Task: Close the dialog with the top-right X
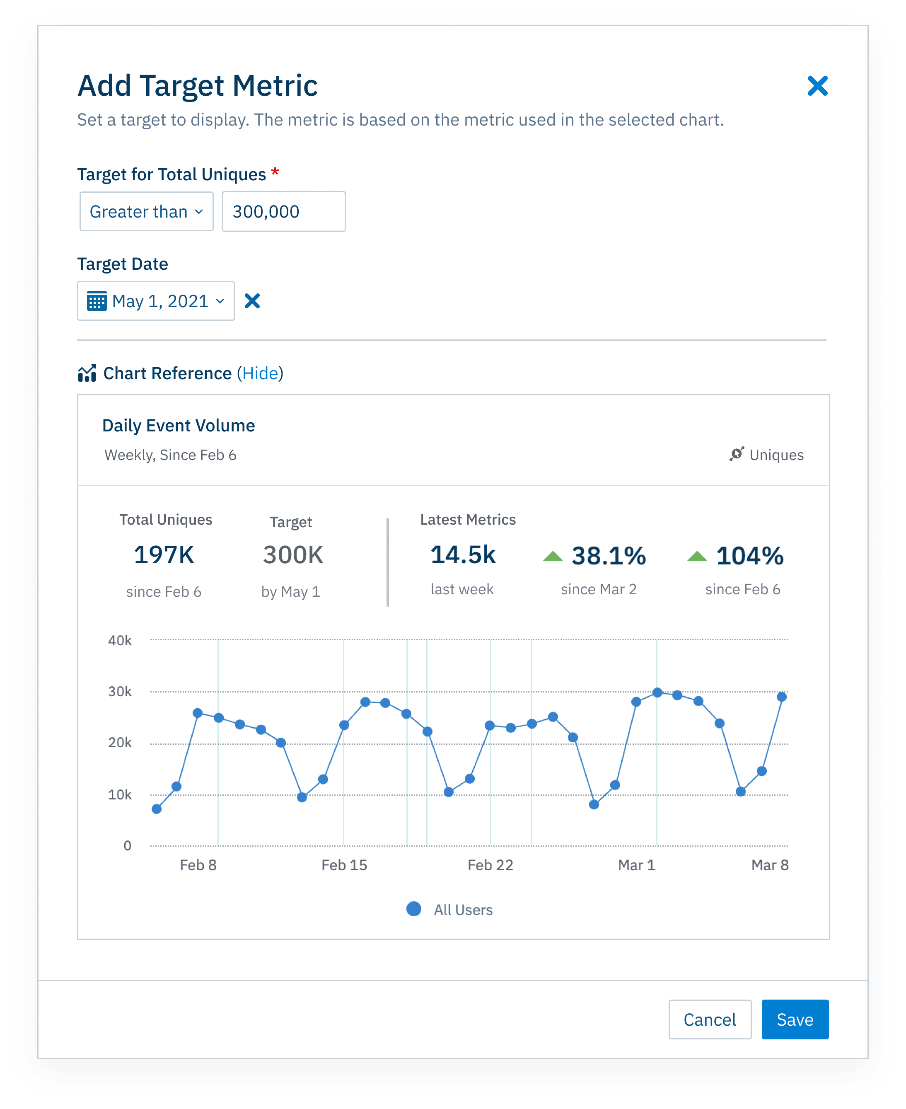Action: point(817,86)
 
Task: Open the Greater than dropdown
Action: point(146,211)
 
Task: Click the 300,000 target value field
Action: point(283,211)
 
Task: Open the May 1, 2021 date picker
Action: point(155,301)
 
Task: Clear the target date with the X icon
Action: point(252,301)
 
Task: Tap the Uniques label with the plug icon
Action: point(767,455)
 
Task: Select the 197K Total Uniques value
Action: point(164,554)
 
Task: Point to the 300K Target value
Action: point(293,554)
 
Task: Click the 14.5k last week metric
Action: point(462,554)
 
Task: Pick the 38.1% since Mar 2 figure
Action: point(608,556)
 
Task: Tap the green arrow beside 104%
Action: point(697,556)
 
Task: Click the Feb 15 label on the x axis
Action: point(344,865)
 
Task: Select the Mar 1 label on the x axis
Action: point(636,865)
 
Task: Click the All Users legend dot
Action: point(414,909)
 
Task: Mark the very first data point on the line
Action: point(157,809)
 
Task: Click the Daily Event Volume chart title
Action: point(179,426)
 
